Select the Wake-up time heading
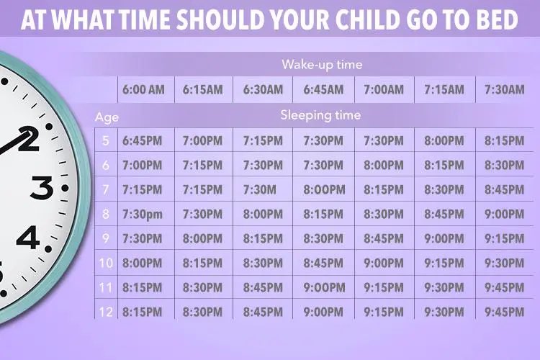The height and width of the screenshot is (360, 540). [x=322, y=65]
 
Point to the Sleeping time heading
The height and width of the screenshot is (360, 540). [x=321, y=115]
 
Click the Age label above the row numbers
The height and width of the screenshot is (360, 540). [x=106, y=117]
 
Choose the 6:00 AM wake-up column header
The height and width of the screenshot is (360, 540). [x=143, y=90]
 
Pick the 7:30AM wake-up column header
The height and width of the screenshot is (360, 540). [x=505, y=90]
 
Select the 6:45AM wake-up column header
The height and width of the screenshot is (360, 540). [x=323, y=90]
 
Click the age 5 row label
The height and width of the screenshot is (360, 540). [x=106, y=140]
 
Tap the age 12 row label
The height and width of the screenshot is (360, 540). [x=106, y=312]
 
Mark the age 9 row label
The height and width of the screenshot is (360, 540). [x=106, y=238]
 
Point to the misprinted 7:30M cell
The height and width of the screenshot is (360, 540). [x=263, y=189]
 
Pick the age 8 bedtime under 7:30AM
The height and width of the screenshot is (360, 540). [x=505, y=214]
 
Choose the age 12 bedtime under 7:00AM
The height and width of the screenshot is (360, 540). [x=384, y=312]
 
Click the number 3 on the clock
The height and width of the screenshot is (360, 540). [x=41, y=189]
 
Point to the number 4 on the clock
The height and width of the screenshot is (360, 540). [x=29, y=238]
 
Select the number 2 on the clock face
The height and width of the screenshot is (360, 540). [x=29, y=138]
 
